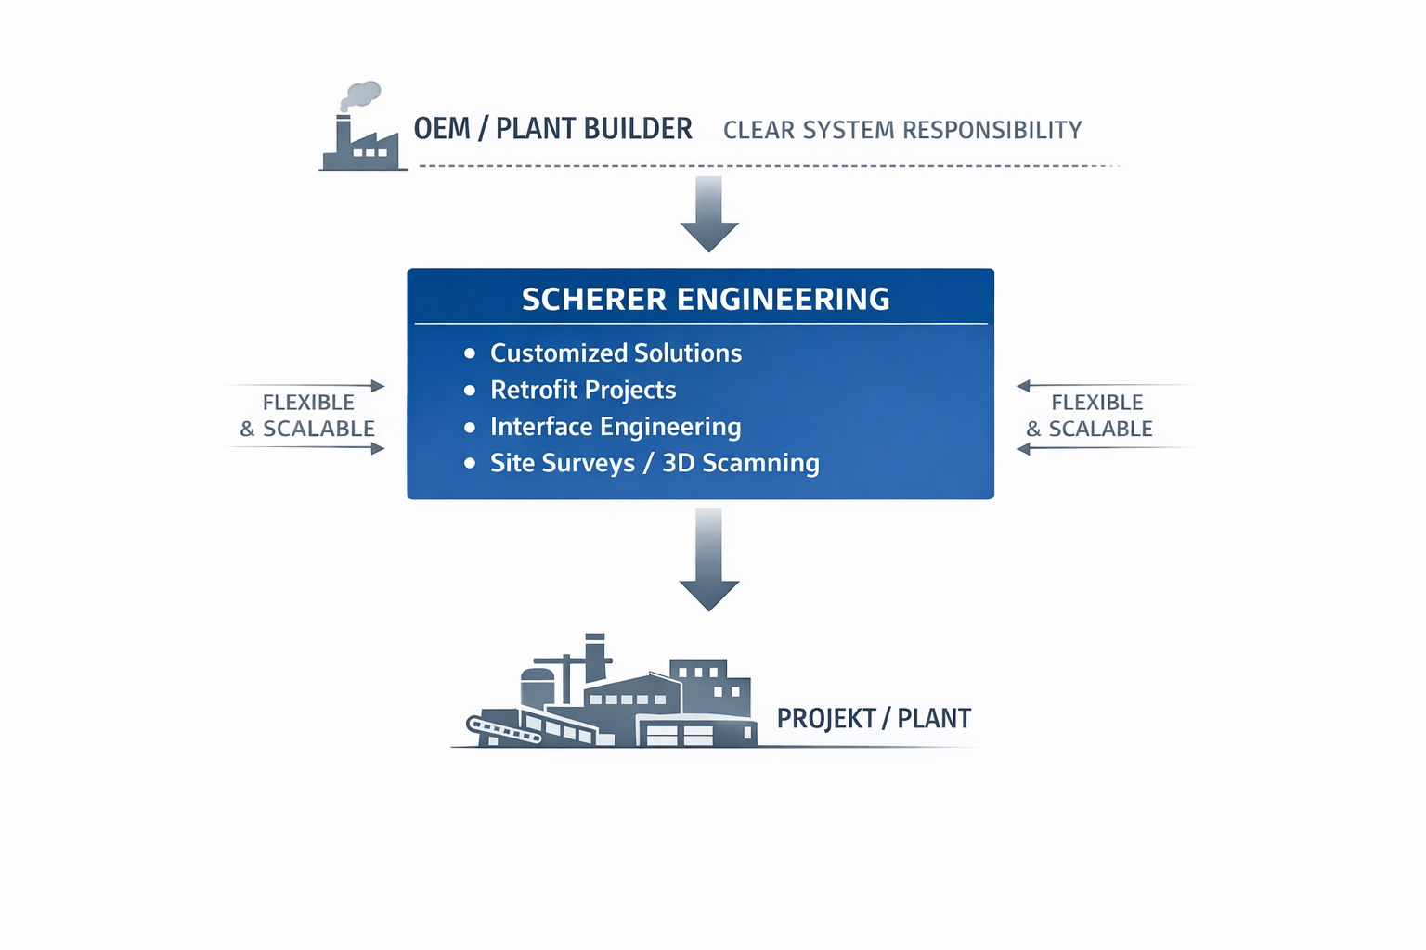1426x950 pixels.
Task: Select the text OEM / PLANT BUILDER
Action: pyautogui.click(x=552, y=129)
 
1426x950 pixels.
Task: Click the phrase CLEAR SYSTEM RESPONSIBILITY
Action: pyautogui.click(x=902, y=130)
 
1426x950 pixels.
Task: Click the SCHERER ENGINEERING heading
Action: pyautogui.click(x=706, y=299)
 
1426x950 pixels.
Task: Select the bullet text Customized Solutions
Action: pyautogui.click(x=616, y=353)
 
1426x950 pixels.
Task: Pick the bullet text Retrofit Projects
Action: pyautogui.click(x=583, y=390)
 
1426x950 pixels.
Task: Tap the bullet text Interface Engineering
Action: pyautogui.click(x=616, y=427)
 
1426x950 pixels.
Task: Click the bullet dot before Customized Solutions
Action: pyautogui.click(x=470, y=353)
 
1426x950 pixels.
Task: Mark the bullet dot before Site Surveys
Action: pyautogui.click(x=470, y=463)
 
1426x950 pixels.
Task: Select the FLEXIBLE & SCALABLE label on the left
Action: pyautogui.click(x=308, y=416)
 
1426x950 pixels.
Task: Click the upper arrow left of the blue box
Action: pyautogui.click(x=306, y=385)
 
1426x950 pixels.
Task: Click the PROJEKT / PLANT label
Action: pyautogui.click(x=874, y=719)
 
